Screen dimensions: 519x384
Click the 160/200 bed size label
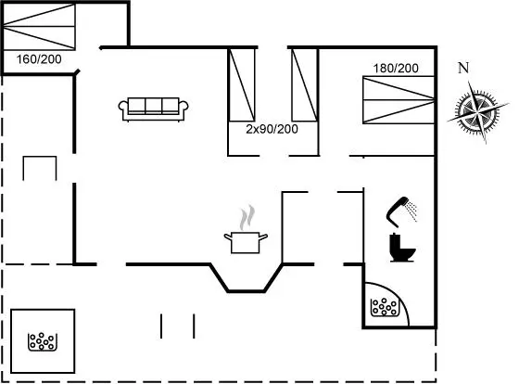pos(39,59)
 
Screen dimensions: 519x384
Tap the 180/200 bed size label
pos(396,69)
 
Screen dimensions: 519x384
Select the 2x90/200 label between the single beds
pos(272,129)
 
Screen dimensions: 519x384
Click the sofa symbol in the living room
pos(153,109)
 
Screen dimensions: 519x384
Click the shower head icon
pos(398,211)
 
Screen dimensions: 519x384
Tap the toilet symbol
pos(402,248)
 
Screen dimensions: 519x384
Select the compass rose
pos(477,111)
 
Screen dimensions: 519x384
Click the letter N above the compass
pos(463,68)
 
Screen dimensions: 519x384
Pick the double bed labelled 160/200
pos(39,27)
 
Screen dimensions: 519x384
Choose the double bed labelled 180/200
pos(399,100)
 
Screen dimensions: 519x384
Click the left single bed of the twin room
pos(242,84)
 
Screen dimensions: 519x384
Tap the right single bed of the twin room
pos(305,84)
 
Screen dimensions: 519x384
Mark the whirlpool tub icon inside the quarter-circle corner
pos(384,307)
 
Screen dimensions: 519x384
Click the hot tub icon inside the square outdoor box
pos(43,341)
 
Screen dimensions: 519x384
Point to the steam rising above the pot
pos(247,217)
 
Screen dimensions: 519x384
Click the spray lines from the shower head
pos(412,210)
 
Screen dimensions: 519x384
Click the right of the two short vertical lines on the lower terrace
pos(194,326)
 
